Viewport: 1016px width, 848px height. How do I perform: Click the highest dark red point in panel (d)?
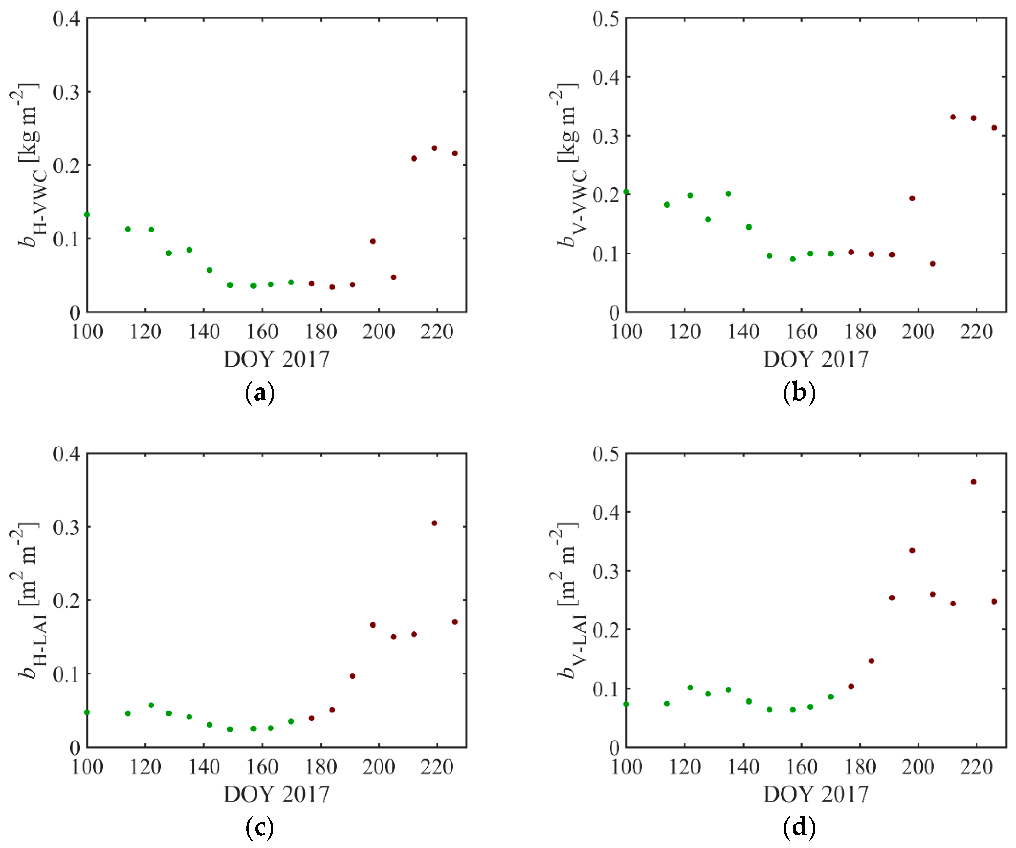[974, 482]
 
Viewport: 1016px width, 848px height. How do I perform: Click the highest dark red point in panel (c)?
[434, 523]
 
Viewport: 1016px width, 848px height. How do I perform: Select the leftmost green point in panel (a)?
[87, 214]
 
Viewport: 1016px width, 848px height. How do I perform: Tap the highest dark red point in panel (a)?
[434, 148]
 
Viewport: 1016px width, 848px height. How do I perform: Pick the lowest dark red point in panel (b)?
[933, 264]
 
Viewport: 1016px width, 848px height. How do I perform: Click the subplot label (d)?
[799, 828]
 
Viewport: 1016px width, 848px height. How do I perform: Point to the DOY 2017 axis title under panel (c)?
[276, 794]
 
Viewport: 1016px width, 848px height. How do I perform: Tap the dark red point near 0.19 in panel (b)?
[912, 198]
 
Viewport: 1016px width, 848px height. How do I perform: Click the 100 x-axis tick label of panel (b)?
[626, 332]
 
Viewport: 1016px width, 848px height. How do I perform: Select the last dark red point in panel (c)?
[455, 622]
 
